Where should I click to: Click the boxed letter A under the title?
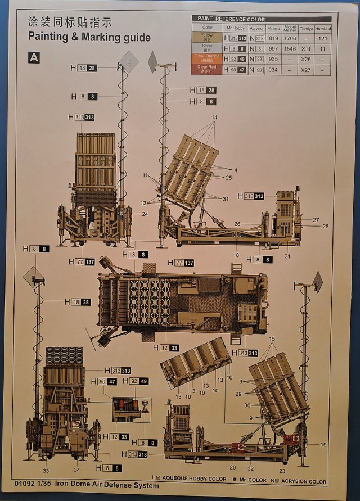coord(34,57)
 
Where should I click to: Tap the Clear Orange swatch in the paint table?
coord(207,58)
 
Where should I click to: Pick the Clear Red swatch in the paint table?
coord(207,69)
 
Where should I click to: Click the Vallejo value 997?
coord(274,49)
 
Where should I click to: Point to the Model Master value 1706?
coord(290,38)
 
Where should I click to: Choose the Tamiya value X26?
coord(306,59)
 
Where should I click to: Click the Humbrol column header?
coord(322,28)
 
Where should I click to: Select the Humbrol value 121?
coord(322,38)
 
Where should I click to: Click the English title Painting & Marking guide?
coord(89,38)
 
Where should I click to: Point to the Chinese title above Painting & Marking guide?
coord(70,22)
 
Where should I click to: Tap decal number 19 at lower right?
coord(323,444)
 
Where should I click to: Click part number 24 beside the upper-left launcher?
coord(145,214)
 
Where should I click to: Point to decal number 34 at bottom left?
coord(77,470)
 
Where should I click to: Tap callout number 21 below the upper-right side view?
coord(287,256)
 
